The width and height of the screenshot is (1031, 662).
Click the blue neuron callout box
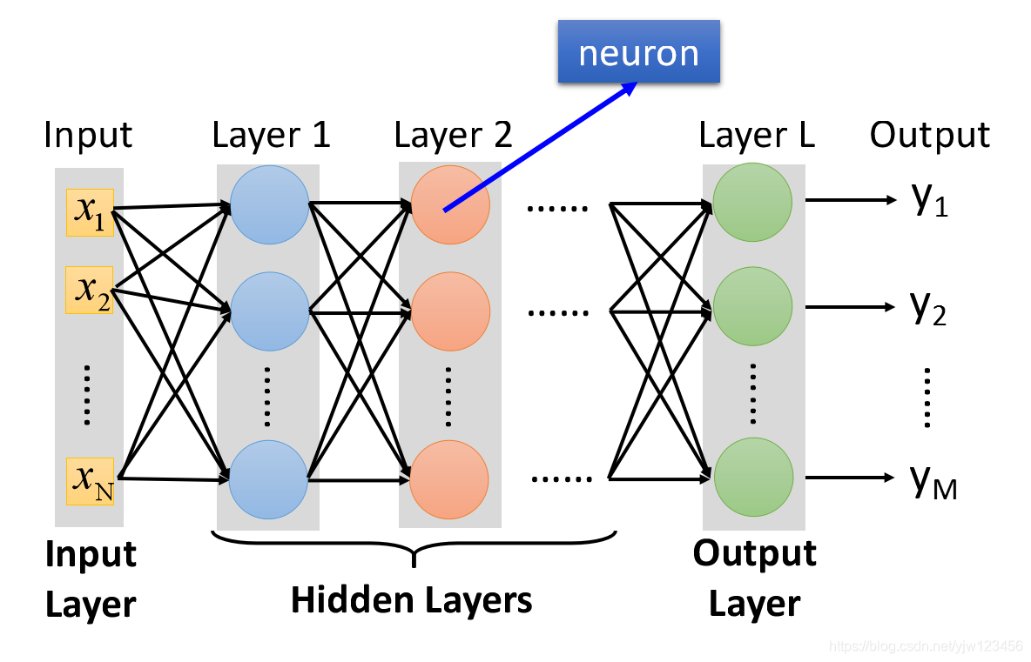pos(638,51)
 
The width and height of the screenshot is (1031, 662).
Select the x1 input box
pos(90,212)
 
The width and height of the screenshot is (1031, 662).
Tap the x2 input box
pos(90,290)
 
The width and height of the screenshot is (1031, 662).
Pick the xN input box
pos(90,481)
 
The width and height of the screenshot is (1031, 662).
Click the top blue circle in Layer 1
pos(270,205)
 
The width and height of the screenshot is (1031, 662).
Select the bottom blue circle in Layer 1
pos(268,479)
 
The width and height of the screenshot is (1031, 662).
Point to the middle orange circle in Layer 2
pos(450,311)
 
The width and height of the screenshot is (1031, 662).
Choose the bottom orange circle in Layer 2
pos(449,479)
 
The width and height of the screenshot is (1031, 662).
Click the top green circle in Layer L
pos(752,203)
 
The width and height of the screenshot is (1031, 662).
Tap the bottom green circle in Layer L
pos(753,477)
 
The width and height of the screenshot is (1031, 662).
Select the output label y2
pos(928,307)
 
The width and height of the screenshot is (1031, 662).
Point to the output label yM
pos(933,481)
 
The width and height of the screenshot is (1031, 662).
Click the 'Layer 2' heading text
pos(453,136)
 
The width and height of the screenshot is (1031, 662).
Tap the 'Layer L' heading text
pos(757,136)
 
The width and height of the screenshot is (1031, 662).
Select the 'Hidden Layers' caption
pos(412,600)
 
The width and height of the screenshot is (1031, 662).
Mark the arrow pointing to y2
pos(850,307)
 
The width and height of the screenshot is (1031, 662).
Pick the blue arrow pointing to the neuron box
pos(541,146)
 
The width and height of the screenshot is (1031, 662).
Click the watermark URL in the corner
pos(927,646)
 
